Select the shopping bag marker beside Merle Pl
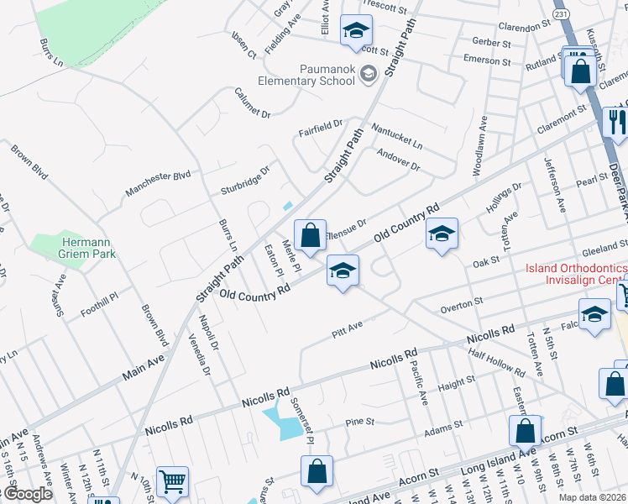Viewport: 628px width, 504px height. click(310, 236)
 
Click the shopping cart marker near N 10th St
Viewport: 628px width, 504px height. click(172, 482)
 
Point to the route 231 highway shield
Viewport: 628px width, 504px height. click(562, 15)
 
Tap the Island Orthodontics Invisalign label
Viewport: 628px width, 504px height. click(576, 274)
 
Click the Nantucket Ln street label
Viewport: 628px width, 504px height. click(398, 134)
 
